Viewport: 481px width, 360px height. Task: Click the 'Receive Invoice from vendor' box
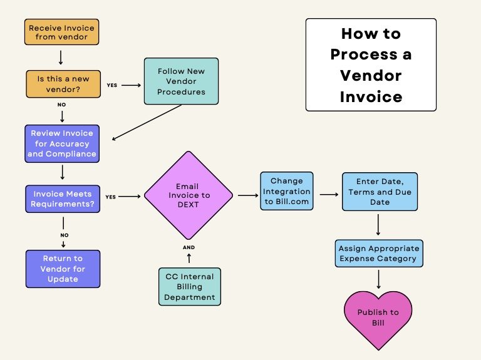coord(62,32)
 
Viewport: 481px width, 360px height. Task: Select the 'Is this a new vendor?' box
coord(62,84)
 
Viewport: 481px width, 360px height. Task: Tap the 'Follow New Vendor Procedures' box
coord(181,81)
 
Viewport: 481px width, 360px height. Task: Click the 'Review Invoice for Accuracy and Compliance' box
coord(62,143)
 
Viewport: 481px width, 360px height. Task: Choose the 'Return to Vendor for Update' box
coord(62,269)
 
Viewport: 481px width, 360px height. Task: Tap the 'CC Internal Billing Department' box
coord(190,287)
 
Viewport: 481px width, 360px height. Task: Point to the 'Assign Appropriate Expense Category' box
coord(378,253)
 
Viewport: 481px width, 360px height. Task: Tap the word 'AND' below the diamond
coord(189,247)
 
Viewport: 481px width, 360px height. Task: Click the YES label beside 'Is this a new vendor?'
coord(112,85)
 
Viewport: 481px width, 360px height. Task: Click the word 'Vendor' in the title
coord(371,76)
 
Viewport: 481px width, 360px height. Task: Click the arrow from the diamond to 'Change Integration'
coord(248,195)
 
